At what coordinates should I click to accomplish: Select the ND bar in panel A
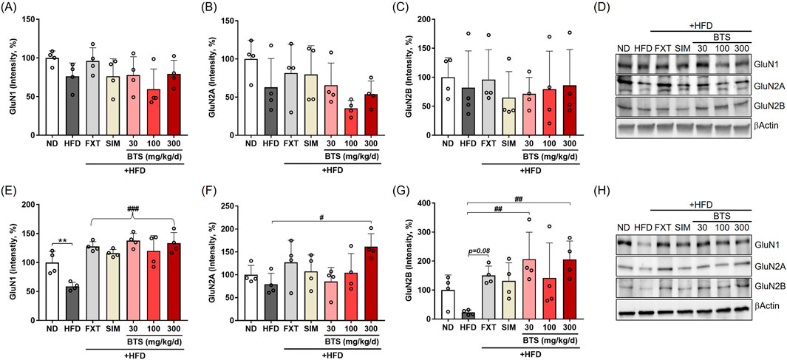pos(51,97)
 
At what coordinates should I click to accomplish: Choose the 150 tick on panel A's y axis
pos(28,19)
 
